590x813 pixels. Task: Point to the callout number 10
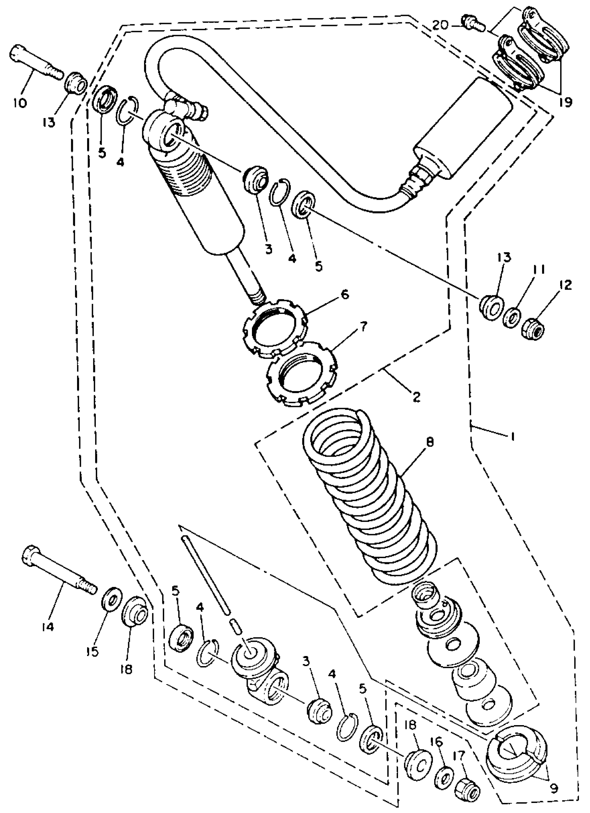point(20,103)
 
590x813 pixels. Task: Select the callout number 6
point(344,294)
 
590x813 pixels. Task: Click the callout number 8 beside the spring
point(430,442)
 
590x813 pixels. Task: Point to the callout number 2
point(415,397)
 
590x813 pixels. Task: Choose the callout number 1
point(513,436)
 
